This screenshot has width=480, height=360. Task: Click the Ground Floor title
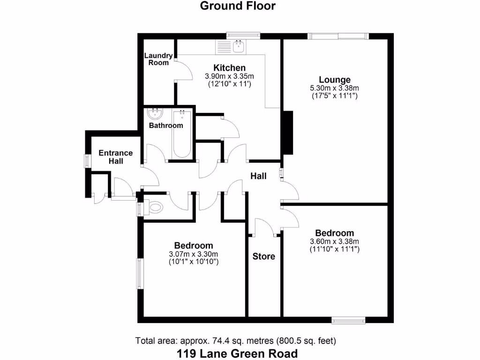tap(238, 6)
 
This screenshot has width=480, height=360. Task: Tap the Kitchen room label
tap(229, 68)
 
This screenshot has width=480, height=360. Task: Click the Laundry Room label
tap(158, 59)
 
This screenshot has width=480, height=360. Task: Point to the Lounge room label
tap(334, 80)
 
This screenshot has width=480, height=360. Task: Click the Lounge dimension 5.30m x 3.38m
tap(334, 88)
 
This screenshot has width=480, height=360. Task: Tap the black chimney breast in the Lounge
tap(288, 133)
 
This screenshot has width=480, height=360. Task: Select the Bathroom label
tap(166, 126)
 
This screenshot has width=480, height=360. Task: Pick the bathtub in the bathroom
tap(181, 134)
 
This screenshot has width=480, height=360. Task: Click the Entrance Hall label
tap(116, 157)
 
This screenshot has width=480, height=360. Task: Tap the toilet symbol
tap(154, 207)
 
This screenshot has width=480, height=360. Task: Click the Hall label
tap(258, 176)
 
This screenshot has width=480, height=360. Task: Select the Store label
tap(263, 256)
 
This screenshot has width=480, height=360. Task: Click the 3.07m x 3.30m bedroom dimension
tap(194, 254)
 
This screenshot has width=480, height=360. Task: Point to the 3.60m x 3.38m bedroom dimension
tap(334, 242)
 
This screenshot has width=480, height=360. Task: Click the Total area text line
tap(236, 340)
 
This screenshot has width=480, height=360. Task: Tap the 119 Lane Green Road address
tap(237, 353)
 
